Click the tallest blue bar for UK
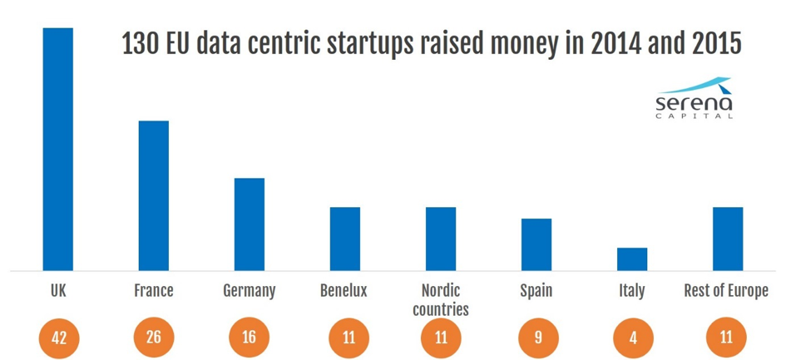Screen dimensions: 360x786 coord(58,150)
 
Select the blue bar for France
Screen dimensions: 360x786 coord(154,196)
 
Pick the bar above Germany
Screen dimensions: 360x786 coord(250,224)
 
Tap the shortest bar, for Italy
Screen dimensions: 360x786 coord(632,259)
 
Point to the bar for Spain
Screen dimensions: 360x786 coord(536,244)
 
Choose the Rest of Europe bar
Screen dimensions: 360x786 coord(728,239)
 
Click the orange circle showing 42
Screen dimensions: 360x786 coord(58,338)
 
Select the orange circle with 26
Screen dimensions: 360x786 coord(154,338)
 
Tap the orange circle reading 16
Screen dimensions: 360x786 coord(250,338)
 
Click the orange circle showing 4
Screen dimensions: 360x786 coord(632,338)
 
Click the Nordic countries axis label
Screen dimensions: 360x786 coord(441,300)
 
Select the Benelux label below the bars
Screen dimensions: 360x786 coord(344,291)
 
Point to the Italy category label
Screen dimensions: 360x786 coord(631,291)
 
